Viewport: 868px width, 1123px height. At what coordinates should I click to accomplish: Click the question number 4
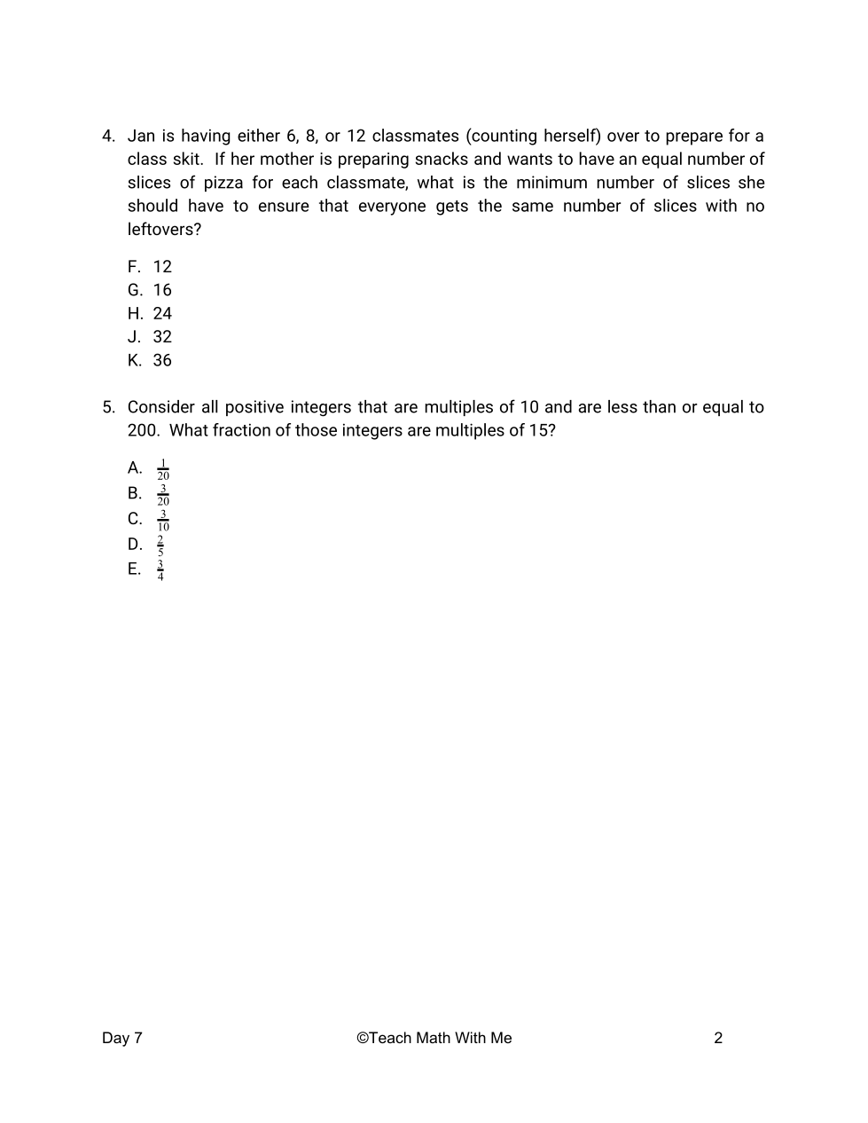(x=108, y=136)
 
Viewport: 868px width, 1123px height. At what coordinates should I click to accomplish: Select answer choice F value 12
(x=162, y=267)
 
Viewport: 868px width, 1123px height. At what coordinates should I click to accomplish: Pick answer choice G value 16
(x=162, y=290)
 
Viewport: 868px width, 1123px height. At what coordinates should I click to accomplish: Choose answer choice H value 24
(x=162, y=314)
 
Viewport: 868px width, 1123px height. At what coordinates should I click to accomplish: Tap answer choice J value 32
(x=162, y=337)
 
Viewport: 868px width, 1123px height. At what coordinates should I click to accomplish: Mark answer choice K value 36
(x=162, y=360)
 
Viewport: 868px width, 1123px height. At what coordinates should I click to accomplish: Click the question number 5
(x=108, y=407)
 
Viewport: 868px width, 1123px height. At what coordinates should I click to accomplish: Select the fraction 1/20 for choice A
(x=163, y=469)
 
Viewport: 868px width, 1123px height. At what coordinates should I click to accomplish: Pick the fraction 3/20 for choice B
(x=163, y=495)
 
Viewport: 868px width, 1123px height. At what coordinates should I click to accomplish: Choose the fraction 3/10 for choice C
(x=163, y=521)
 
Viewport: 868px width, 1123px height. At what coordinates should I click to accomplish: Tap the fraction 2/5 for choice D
(x=160, y=546)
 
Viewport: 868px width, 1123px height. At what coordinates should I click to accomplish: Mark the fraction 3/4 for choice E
(x=160, y=570)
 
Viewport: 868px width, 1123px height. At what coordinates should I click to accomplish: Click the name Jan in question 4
(x=141, y=136)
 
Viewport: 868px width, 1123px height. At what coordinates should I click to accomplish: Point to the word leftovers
(x=164, y=230)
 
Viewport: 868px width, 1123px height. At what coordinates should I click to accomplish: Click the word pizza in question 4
(x=223, y=183)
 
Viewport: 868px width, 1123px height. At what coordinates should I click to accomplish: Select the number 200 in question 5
(x=143, y=431)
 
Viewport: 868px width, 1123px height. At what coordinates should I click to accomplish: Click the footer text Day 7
(x=122, y=1038)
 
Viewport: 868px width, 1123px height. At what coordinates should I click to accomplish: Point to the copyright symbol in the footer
(x=362, y=1038)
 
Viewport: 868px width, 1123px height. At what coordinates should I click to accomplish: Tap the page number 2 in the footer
(x=718, y=1038)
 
